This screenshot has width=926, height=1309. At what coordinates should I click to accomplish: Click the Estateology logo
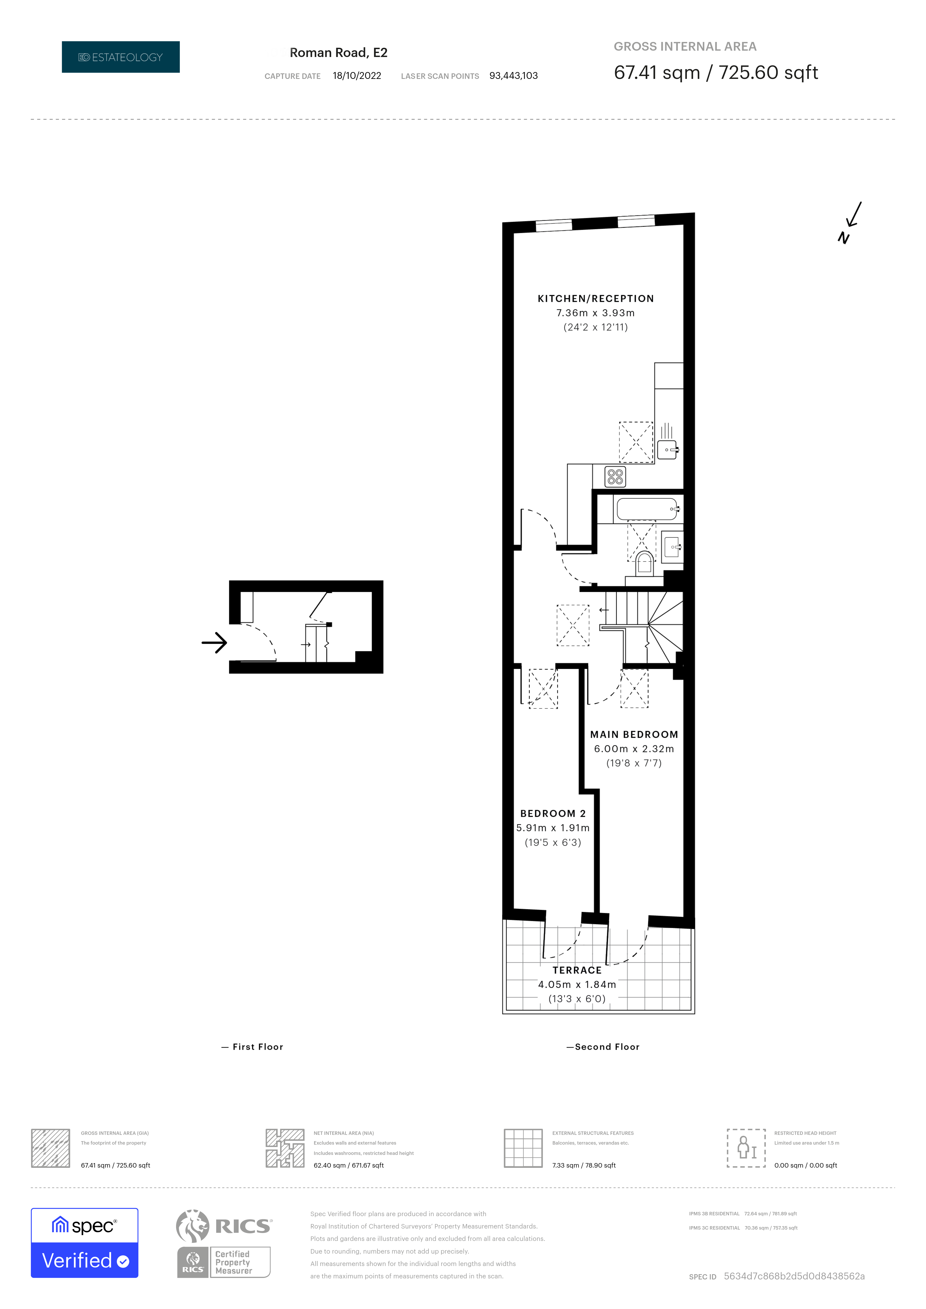pyautogui.click(x=120, y=57)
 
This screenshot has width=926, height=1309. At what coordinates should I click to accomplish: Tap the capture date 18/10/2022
pyautogui.click(x=357, y=76)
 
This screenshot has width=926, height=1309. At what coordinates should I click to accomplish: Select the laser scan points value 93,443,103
pyautogui.click(x=513, y=76)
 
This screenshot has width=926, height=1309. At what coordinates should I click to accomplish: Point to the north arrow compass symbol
pyautogui.click(x=850, y=222)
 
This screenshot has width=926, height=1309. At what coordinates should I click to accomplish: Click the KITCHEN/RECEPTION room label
pyautogui.click(x=595, y=299)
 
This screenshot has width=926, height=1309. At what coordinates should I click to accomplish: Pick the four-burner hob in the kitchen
pyautogui.click(x=615, y=477)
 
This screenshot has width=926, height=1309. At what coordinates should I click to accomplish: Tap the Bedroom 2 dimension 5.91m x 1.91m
pyautogui.click(x=552, y=828)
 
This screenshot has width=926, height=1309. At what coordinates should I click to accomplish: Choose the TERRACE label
pyautogui.click(x=577, y=970)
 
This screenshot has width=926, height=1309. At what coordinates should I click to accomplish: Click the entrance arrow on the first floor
pyautogui.click(x=214, y=643)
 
